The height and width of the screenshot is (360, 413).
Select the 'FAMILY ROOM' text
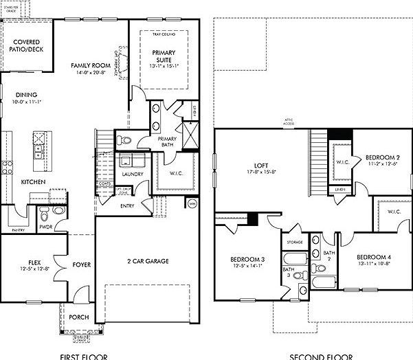(91, 66)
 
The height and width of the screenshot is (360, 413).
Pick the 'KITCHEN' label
(34, 181)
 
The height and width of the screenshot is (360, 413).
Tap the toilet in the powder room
(58, 212)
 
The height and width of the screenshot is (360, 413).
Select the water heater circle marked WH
(192, 203)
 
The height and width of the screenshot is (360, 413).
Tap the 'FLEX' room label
(34, 262)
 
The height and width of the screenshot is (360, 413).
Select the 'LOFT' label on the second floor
(259, 166)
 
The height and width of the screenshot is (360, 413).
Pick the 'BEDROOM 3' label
(248, 259)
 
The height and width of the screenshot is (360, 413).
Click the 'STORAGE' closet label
(295, 243)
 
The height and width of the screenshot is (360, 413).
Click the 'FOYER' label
(80, 264)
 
